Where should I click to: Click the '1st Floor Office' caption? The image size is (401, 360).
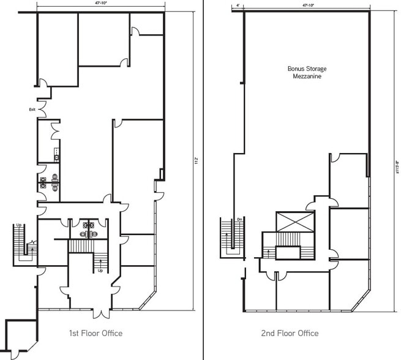click(x=96, y=333)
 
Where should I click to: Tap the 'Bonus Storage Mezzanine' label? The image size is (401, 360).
click(x=304, y=73)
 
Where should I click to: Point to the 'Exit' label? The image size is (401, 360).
click(x=32, y=110)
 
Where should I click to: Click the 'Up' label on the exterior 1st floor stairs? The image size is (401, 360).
click(x=20, y=225)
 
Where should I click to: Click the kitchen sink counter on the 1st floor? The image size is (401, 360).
click(x=56, y=153)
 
